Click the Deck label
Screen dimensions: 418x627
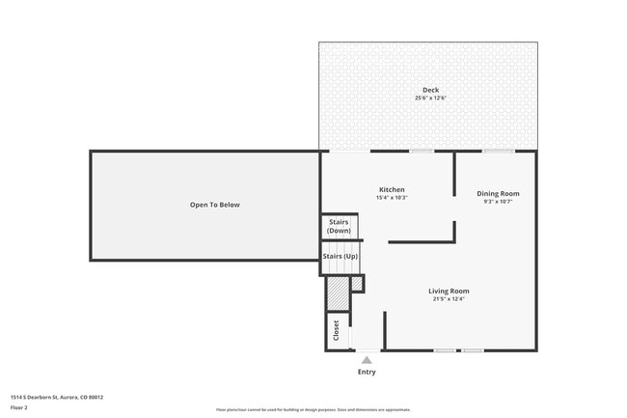(x=430, y=90)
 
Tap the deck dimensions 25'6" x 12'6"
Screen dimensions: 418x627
(x=430, y=98)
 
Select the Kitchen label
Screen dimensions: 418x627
(x=392, y=189)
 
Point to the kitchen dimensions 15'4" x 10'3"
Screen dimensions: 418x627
(x=392, y=198)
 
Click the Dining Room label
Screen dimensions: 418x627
(x=498, y=193)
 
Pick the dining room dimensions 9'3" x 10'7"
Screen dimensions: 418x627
(x=498, y=202)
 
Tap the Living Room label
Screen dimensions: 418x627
(x=449, y=291)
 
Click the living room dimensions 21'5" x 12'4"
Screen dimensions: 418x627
(x=449, y=299)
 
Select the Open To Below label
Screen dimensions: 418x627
(x=214, y=205)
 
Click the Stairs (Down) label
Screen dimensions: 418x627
(x=339, y=227)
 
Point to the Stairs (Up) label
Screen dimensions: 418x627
(x=340, y=256)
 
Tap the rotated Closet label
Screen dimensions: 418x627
(x=337, y=329)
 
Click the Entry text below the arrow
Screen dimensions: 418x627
(x=367, y=372)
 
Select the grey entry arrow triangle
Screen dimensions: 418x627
(x=367, y=360)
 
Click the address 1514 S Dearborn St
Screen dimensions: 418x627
(x=57, y=397)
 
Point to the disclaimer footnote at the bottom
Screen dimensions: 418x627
(x=313, y=409)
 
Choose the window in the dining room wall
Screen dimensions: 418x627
(x=498, y=151)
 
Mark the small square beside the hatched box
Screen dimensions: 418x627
(x=357, y=283)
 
